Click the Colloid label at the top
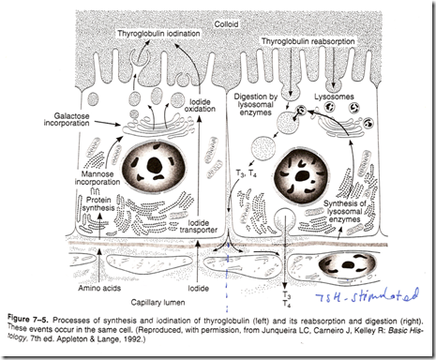pos(226,24)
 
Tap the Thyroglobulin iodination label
pos(158,34)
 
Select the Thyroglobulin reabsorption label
pos(308,41)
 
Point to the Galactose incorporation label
pos(67,119)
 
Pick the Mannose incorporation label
pos(98,178)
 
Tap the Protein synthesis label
pos(98,203)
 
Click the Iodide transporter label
pos(199,226)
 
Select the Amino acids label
pos(99,288)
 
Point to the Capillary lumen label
pos(158,302)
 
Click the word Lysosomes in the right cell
pos(334,97)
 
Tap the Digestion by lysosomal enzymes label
pos(255,105)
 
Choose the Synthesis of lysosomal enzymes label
pos(344,211)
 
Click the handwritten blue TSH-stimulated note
pos(367,295)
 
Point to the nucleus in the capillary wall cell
pos(347,265)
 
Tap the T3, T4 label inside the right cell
pos(246,172)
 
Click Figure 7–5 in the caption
pos(27,320)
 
